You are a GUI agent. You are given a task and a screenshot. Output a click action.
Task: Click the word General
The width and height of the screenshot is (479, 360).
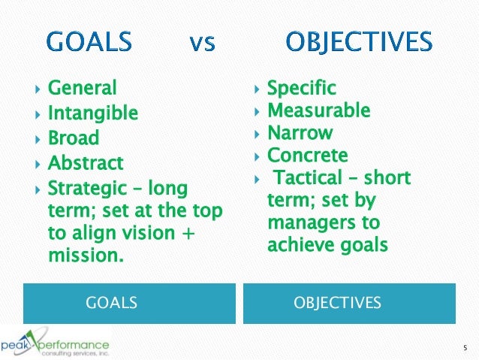(x=83, y=89)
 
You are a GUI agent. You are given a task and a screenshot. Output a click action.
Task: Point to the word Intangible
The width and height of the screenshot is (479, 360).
(x=93, y=113)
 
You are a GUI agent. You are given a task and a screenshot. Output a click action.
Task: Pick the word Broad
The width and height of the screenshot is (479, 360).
(x=74, y=138)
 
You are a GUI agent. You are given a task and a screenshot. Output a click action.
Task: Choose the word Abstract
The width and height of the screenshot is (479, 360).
(x=86, y=163)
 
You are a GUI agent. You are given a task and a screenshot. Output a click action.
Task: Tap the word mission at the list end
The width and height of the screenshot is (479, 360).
(x=83, y=255)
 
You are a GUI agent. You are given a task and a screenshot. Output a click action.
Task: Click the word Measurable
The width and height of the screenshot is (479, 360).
(x=319, y=111)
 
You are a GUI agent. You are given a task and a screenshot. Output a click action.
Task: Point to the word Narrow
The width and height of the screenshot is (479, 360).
(x=300, y=133)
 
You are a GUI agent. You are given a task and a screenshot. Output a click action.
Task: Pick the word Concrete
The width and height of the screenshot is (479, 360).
(x=308, y=156)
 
